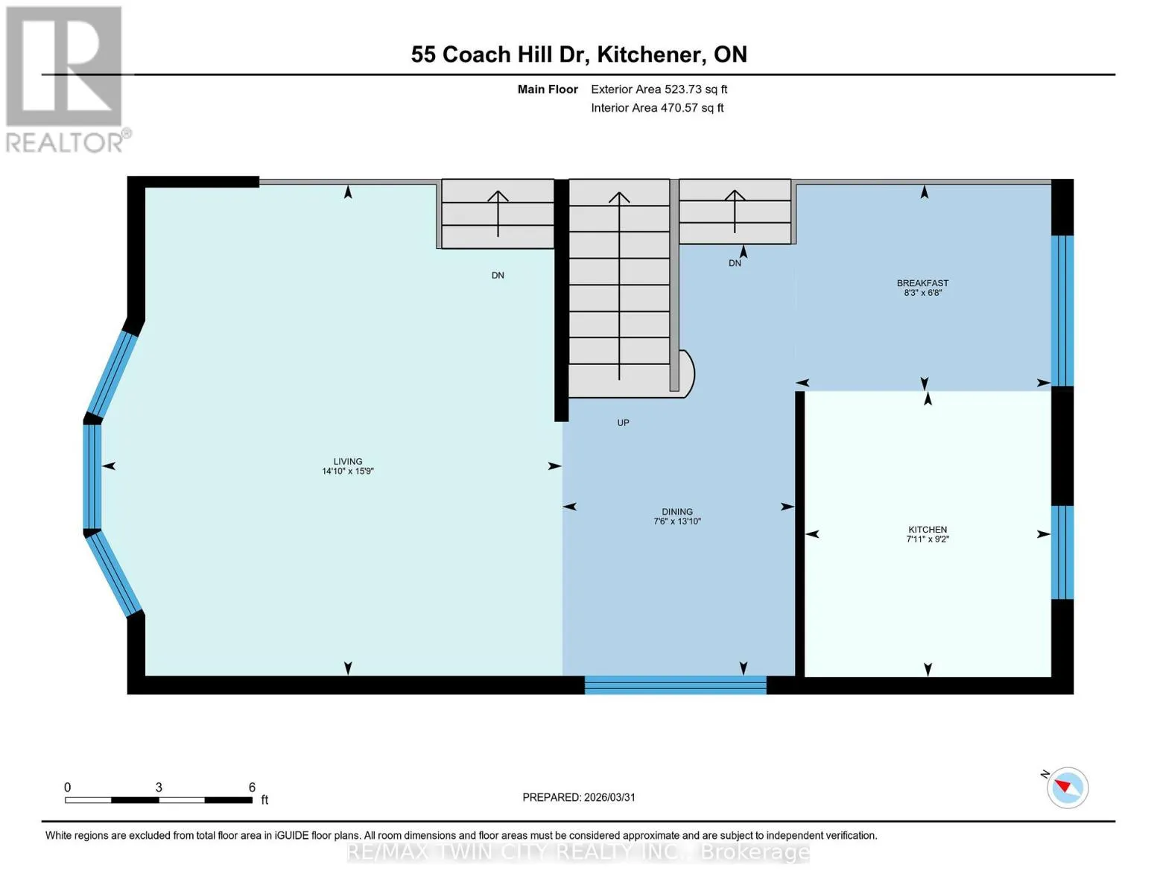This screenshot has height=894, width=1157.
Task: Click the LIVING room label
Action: point(348,462)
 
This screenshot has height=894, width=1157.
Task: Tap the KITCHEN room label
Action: point(928,529)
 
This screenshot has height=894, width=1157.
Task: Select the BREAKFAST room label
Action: point(923,283)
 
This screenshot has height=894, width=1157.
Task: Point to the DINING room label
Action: point(677,512)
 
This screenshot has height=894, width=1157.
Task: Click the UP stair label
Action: point(623,422)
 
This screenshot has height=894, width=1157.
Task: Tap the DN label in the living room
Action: point(498,276)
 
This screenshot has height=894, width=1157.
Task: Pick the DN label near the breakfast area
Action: point(735,263)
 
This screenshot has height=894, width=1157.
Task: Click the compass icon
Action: point(1067,787)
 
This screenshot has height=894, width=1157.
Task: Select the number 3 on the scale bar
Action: point(159,787)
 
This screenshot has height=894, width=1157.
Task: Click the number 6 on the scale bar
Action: point(252,787)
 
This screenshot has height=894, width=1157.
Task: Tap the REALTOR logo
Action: point(66,80)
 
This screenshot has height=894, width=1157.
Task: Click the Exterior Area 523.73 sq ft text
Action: point(659,89)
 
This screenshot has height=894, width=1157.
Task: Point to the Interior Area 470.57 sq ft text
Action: point(658,108)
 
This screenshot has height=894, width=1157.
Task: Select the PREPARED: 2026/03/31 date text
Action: point(579,797)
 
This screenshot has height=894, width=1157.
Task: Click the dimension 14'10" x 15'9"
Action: point(348,472)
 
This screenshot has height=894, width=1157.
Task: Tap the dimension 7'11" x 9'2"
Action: point(928,539)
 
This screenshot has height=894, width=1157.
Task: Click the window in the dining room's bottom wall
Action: point(675,685)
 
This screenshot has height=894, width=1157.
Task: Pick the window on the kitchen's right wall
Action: point(1062,552)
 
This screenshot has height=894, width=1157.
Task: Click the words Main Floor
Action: point(548,89)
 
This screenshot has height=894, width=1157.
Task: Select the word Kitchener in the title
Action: point(648,54)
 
